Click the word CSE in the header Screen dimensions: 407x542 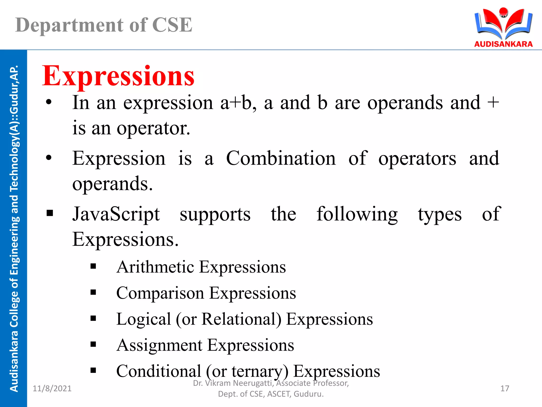[172, 25]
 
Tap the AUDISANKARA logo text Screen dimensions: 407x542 [503, 44]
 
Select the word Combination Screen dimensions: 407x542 [281, 158]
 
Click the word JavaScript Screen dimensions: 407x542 [116, 214]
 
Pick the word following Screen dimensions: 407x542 [357, 214]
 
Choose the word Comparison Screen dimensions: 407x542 [160, 293]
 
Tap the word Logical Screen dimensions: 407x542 [144, 319]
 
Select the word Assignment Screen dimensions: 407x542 [160, 345]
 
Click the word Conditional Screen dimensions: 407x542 [159, 371]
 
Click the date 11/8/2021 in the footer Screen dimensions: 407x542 [52, 388]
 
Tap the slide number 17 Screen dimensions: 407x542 [505, 388]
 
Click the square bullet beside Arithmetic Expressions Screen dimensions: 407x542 [93, 266]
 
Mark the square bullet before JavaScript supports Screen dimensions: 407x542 [50, 213]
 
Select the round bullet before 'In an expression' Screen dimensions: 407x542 [49, 102]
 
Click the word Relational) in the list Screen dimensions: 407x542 [241, 319]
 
